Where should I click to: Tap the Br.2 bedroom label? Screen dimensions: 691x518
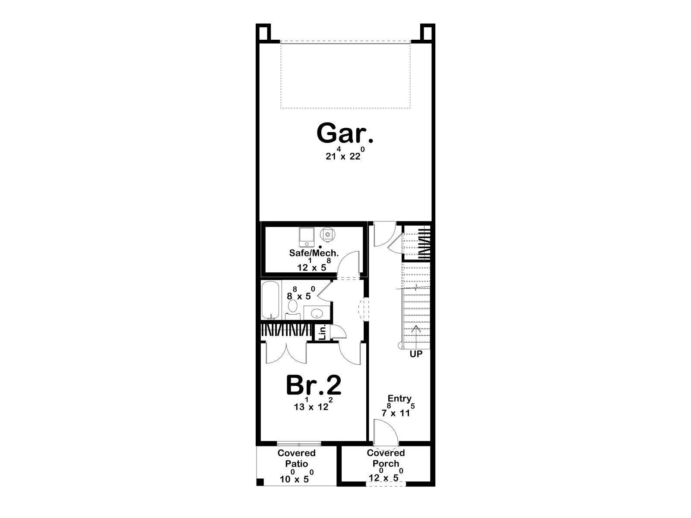(x=314, y=385)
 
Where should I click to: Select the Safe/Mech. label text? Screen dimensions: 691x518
(x=314, y=253)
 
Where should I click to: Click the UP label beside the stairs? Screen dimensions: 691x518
(x=416, y=354)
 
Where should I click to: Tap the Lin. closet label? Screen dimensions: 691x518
(x=322, y=333)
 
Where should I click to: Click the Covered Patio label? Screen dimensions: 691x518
(x=297, y=458)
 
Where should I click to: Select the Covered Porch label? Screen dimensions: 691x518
(x=386, y=458)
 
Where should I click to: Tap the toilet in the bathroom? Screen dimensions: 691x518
(x=292, y=307)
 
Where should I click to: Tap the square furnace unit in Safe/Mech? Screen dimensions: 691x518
(x=306, y=237)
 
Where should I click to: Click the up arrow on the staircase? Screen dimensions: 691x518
(x=416, y=335)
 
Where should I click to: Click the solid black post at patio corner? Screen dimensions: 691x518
(x=260, y=482)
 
